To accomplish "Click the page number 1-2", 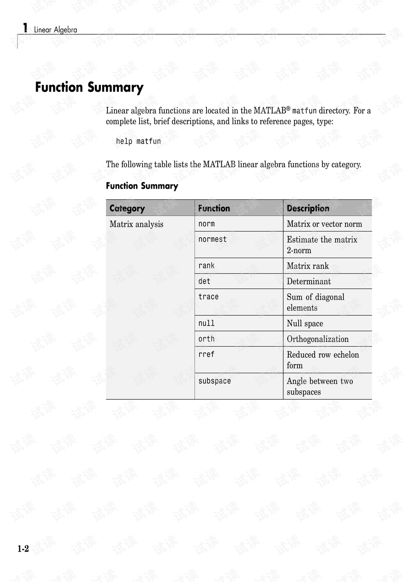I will [x=23, y=549].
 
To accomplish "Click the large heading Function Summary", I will [x=89, y=87].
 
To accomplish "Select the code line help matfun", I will [x=138, y=141].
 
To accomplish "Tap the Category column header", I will [x=127, y=208].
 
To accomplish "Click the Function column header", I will [x=214, y=208].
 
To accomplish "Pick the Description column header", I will [x=308, y=208].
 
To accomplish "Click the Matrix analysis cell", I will [x=136, y=224].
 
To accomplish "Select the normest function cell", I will [x=212, y=239].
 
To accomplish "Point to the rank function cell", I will [x=206, y=266].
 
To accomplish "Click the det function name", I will [x=204, y=281].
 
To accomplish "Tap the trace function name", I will [x=209, y=297].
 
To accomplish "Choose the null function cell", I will [x=206, y=323].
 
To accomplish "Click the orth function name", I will [x=206, y=339].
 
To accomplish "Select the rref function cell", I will [x=206, y=354].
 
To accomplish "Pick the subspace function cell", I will [x=215, y=381].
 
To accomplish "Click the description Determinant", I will [x=309, y=281].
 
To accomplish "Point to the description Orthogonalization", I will [x=318, y=339].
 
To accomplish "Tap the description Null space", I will [x=305, y=323].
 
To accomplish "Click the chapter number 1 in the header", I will [x=25, y=28].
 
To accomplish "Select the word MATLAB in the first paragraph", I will [x=270, y=111].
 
